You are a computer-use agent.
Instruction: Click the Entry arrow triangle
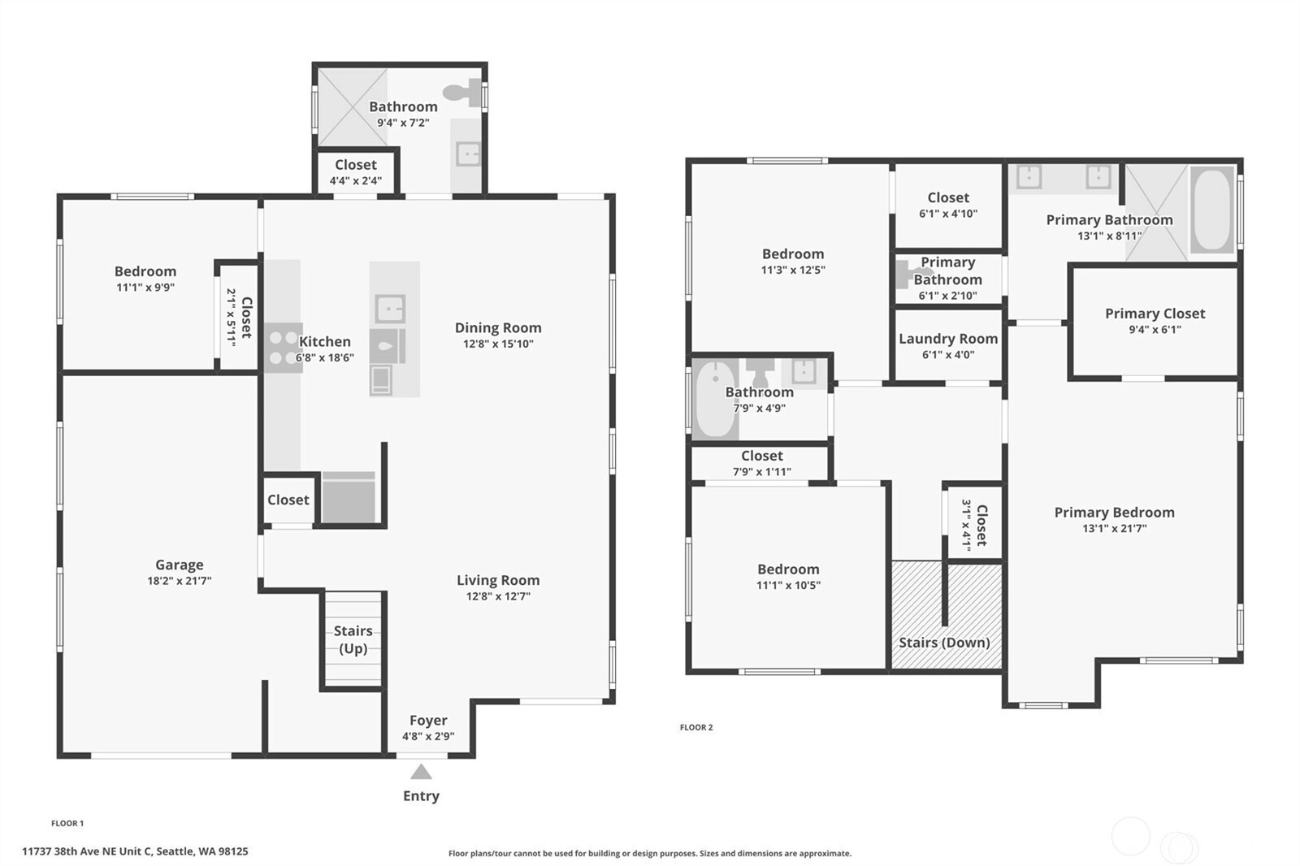pos(422,773)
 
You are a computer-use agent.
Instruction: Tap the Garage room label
pos(180,565)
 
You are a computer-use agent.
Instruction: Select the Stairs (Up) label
pos(353,639)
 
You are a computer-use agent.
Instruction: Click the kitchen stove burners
pos(284,348)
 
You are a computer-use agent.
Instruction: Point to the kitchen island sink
pos(390,308)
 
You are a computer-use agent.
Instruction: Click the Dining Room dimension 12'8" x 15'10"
pos(498,344)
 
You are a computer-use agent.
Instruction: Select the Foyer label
pos(428,721)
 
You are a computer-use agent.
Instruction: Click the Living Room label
pos(498,580)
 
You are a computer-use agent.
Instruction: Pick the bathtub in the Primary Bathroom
pos(1211,210)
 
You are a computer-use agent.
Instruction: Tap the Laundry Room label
pos(948,339)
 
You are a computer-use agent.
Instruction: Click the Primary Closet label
pos(1155,314)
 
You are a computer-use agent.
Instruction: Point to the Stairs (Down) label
pos(944,643)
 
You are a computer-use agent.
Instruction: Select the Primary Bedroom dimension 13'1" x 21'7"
pos(1114,528)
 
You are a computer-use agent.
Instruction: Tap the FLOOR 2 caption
pos(696,727)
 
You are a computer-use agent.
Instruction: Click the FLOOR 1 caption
pos(67,823)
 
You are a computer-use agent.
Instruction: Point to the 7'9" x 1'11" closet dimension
pos(761,472)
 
